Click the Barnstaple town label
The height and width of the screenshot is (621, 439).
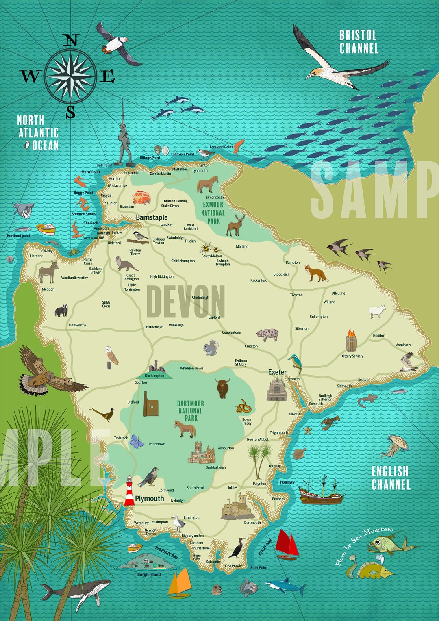pos(152,217)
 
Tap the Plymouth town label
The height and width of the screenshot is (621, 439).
pos(149,499)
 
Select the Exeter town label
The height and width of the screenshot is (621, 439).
pos(277,372)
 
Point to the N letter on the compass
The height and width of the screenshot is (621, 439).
pos(71,41)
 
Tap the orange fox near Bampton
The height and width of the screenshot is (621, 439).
pos(316,273)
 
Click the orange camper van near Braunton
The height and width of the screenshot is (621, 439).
pos(141,198)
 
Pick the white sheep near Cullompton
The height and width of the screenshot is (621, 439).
pos(377,311)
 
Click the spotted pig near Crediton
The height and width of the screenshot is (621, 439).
pos(267,335)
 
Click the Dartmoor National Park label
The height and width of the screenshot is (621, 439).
pos(191,410)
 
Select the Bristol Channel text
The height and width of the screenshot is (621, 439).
pos(359,42)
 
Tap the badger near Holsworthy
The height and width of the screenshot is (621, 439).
pos(61,310)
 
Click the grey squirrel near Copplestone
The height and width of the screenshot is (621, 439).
pos(211,348)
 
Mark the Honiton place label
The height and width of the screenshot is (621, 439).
pos(379,336)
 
